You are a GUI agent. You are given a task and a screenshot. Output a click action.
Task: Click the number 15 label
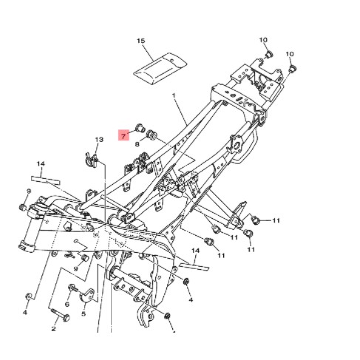(x=141, y=41)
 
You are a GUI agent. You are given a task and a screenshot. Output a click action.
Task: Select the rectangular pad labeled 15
(x=160, y=68)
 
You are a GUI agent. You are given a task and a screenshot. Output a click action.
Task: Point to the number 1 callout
(x=174, y=95)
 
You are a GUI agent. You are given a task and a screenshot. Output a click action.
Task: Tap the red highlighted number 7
(x=123, y=135)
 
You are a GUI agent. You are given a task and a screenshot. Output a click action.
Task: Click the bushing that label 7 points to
(x=140, y=128)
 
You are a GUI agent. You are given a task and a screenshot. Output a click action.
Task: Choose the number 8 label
(x=137, y=144)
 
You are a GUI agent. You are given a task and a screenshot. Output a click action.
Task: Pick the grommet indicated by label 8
(x=151, y=134)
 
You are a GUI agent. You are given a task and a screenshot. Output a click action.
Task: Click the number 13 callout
(x=99, y=140)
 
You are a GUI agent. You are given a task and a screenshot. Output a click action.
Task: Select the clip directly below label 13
(x=90, y=160)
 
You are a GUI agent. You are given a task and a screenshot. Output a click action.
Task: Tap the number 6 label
(x=67, y=305)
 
